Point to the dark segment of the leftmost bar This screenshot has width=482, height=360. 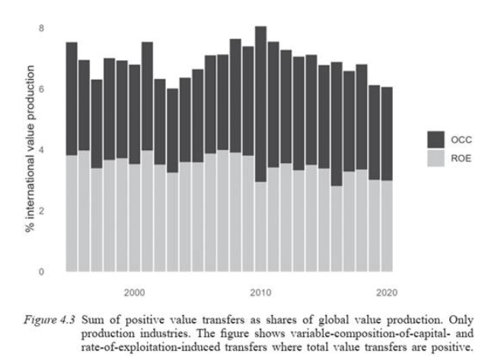(72, 98)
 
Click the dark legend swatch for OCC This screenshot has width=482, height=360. (436, 139)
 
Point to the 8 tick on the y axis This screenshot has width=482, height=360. (43, 28)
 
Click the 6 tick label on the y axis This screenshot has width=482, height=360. (43, 89)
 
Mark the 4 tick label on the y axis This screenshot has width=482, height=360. (43, 150)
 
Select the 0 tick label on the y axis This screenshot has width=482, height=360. (43, 271)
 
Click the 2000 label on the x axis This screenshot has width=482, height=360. (135, 292)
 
